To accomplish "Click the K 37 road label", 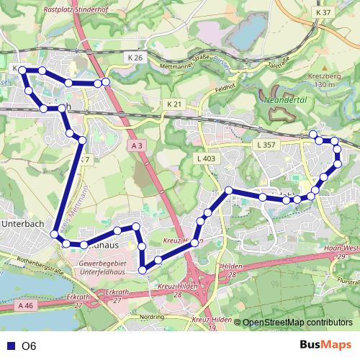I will coord(323,13).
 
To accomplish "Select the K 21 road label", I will coord(174,104).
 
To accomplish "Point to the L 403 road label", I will coord(205,158).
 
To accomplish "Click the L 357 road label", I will coord(266,145).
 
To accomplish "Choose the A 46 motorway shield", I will coord(26,306).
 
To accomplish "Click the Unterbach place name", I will coord(24,224).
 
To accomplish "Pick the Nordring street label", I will coord(152,316).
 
